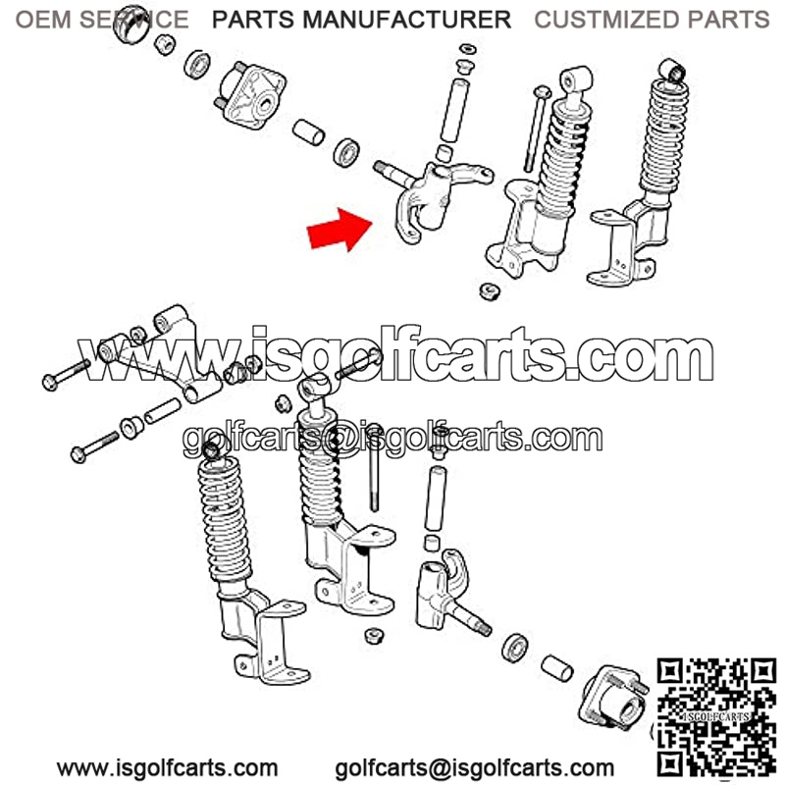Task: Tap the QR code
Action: (x=716, y=717)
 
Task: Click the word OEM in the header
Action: (x=43, y=20)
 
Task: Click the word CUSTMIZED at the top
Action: (x=607, y=20)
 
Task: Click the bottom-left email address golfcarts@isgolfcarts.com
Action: (x=475, y=768)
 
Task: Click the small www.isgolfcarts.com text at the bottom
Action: (x=167, y=768)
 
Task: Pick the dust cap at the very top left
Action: (x=131, y=24)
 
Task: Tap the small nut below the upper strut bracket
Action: (x=489, y=291)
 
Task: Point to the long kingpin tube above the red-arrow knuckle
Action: (x=454, y=110)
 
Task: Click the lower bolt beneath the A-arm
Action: (x=95, y=447)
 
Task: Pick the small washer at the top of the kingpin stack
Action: (x=468, y=49)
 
